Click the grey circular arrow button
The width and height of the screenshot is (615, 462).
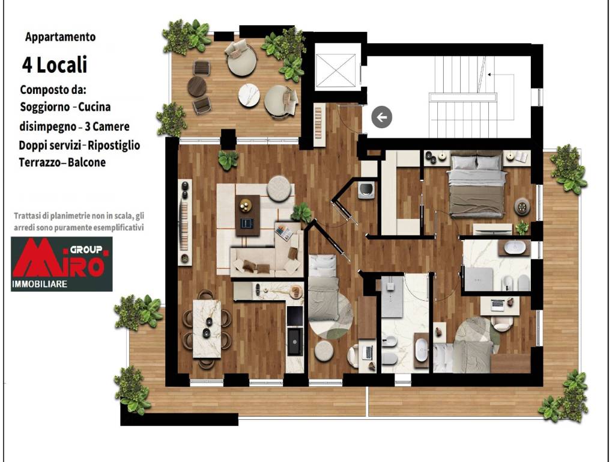coord(381,117)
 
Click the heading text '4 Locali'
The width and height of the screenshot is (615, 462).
coord(55,65)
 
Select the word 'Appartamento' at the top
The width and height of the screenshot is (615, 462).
coord(61,37)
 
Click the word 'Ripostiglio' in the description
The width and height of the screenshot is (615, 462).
coord(114,146)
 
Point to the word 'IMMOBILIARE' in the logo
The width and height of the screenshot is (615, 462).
coord(40,284)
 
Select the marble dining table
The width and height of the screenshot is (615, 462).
coord(207,328)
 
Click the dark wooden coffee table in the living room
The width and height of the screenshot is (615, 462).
coord(247,215)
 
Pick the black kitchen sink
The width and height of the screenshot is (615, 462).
coord(294,342)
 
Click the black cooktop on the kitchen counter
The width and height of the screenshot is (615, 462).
coord(294,316)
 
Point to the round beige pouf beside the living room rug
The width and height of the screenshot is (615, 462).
coord(280,187)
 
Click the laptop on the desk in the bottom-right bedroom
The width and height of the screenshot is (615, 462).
coord(498,304)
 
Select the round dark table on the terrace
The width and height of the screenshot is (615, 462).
coord(197,87)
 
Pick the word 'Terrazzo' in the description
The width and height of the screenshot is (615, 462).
coord(39,162)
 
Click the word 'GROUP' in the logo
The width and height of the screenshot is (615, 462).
coord(86,250)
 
